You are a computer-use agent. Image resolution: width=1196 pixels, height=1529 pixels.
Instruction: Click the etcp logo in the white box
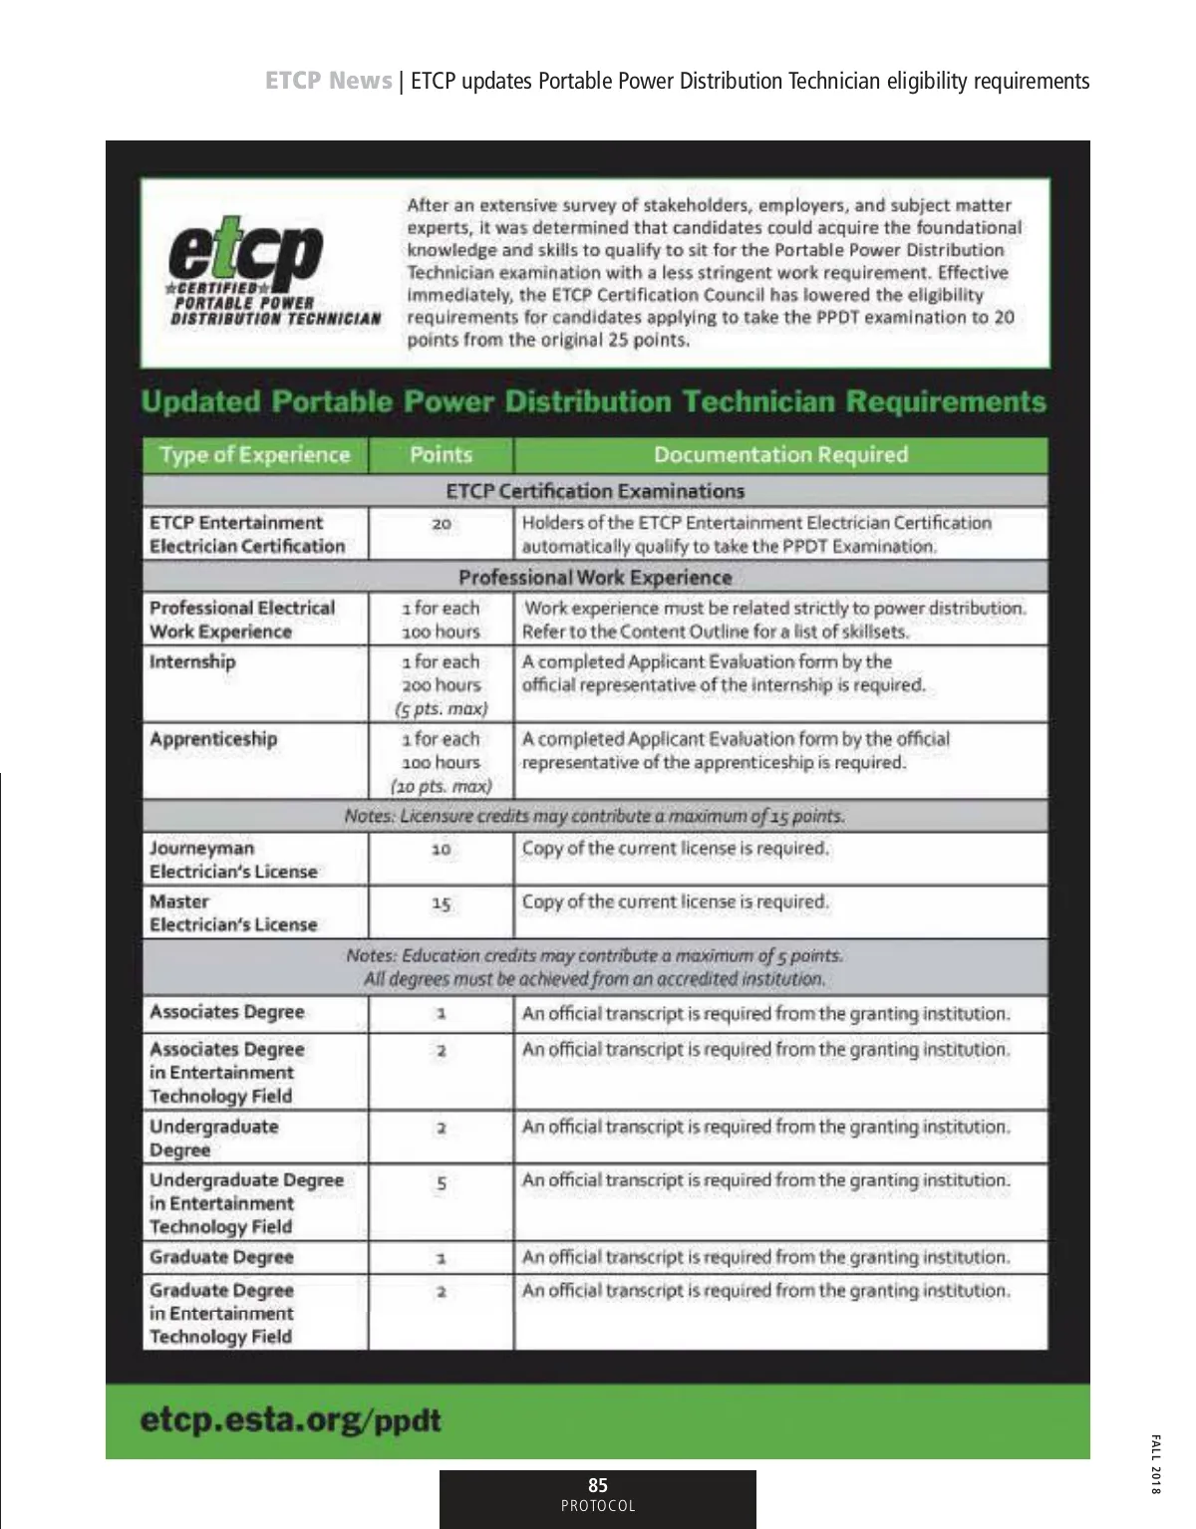coord(246,254)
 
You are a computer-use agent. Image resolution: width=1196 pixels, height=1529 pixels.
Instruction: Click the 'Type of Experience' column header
coord(255,455)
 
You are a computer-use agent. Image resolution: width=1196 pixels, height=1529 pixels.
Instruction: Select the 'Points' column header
coord(441,455)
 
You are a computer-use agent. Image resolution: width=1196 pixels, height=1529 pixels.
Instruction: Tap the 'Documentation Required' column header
coord(780,455)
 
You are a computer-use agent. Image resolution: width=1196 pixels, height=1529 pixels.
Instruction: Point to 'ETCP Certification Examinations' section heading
coord(595,491)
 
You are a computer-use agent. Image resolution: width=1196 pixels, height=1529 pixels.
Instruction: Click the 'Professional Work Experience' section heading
coord(595,578)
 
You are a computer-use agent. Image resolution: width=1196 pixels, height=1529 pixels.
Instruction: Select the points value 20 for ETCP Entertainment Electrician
coord(442,524)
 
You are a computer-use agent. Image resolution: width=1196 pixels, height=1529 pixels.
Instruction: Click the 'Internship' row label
coord(193,662)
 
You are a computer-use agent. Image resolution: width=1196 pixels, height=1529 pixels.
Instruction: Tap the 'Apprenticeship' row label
coord(213,739)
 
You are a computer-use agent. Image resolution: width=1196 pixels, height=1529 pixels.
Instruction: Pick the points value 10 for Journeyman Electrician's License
coord(441,850)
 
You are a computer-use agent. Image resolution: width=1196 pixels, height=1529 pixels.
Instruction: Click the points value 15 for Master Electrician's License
coord(441,903)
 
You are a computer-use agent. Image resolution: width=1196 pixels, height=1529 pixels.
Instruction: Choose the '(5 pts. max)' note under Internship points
coord(442,709)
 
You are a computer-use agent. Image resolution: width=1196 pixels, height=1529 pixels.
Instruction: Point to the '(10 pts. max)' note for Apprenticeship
coord(442,787)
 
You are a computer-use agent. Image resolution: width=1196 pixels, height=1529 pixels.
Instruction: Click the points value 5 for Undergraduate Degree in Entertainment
coord(442,1183)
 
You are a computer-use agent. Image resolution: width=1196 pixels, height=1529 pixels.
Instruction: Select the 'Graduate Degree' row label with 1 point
coord(221,1257)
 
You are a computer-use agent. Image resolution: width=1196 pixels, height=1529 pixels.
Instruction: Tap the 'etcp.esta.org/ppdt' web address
coord(290,1420)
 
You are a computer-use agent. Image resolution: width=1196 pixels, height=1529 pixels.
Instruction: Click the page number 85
coord(598,1485)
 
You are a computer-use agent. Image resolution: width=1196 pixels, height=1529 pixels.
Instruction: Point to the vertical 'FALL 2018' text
coord(1155,1464)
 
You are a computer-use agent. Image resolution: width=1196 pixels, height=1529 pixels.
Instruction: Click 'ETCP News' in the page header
coord(328,81)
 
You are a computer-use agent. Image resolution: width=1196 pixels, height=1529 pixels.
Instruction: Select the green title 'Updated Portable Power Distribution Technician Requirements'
coord(594,401)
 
